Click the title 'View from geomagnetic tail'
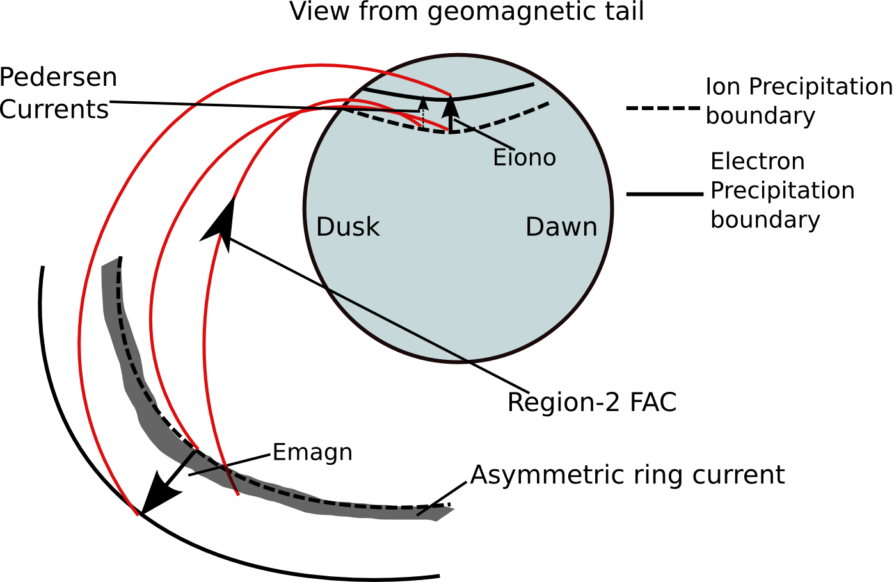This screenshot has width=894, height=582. coord(467,12)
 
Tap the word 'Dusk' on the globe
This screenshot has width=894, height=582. coord(347,227)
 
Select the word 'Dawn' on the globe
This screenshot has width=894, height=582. coord(561,227)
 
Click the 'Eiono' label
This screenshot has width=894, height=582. coord(524,158)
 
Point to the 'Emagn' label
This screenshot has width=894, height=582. coord(312,452)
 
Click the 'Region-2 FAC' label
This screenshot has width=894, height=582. coord(591,402)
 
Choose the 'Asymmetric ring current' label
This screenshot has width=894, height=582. coord(627,475)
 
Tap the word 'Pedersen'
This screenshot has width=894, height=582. coord(58,77)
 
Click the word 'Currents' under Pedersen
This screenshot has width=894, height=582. coord(54,109)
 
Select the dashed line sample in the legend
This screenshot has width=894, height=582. coord(663,108)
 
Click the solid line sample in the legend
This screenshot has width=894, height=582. coord(664,193)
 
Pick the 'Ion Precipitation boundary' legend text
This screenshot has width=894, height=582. coord(798,101)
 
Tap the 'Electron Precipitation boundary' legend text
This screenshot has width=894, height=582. coord(782,190)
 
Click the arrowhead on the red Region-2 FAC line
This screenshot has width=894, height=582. coord(220,222)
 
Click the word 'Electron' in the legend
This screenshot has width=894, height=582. coord(757,161)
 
